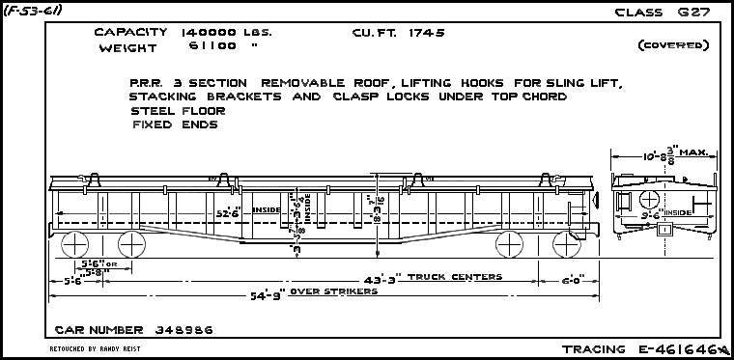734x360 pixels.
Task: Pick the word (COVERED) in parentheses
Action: [673, 45]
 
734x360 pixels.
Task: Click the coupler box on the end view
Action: [663, 230]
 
